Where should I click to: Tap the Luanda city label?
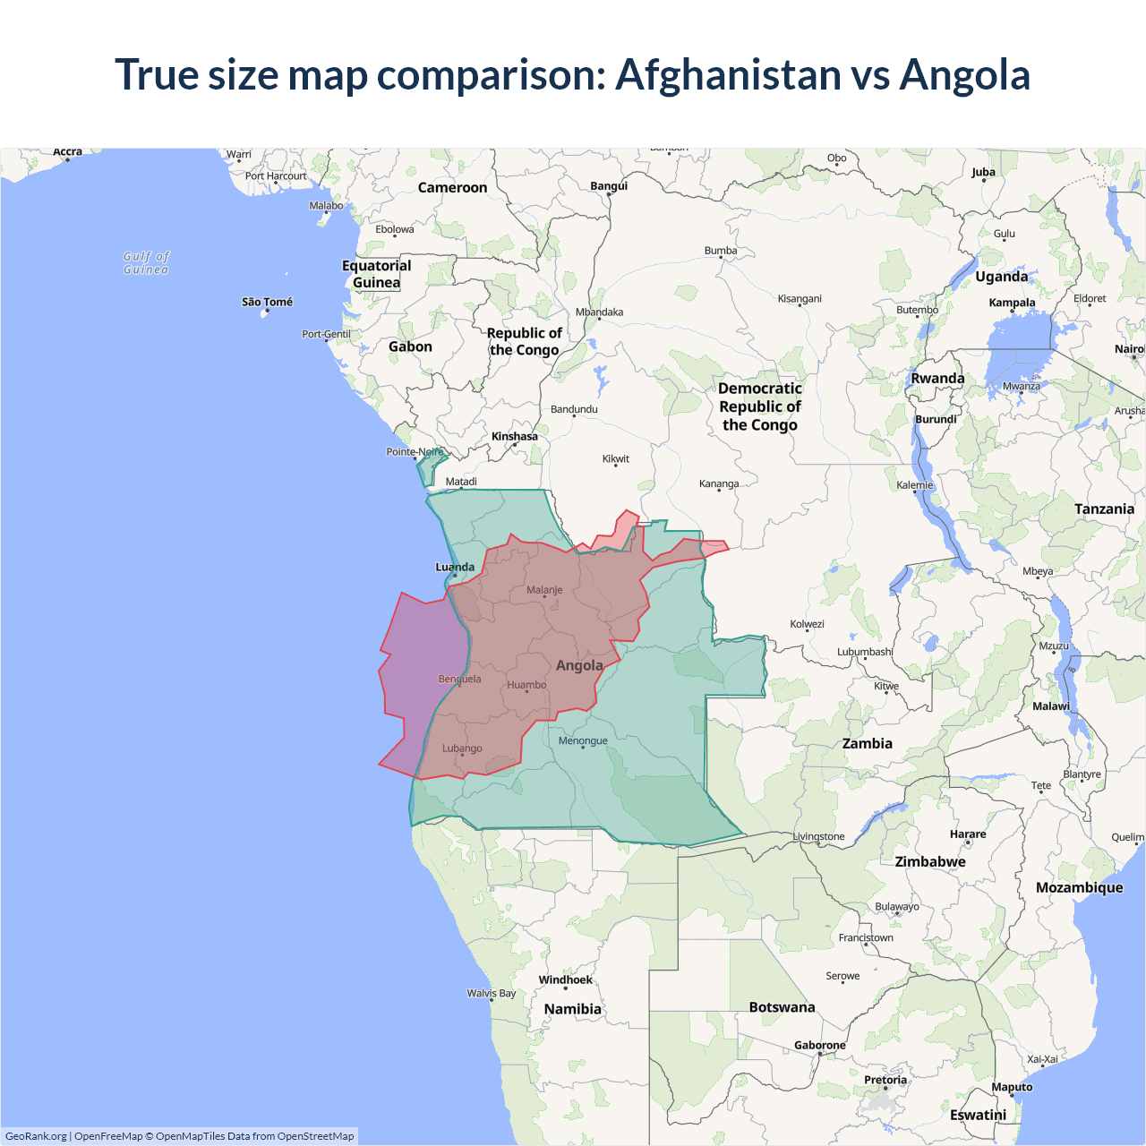click(x=455, y=567)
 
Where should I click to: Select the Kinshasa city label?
click(x=515, y=437)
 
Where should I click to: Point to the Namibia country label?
click(x=573, y=1009)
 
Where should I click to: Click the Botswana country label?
click(x=782, y=1007)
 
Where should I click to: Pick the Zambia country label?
click(x=867, y=743)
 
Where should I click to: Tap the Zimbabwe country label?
click(x=930, y=861)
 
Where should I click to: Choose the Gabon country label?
click(x=410, y=346)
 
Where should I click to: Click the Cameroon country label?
click(x=452, y=188)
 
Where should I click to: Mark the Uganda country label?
click(x=1001, y=277)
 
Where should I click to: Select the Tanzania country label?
click(x=1104, y=509)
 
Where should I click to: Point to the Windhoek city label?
click(x=565, y=979)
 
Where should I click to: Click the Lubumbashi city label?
click(x=865, y=652)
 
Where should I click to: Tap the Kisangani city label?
click(x=800, y=299)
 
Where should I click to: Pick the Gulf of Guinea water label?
click(x=146, y=263)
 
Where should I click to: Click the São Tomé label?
click(x=267, y=302)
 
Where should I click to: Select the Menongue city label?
click(x=583, y=740)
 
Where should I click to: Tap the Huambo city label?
click(x=526, y=685)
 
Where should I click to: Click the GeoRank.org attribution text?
click(x=36, y=1136)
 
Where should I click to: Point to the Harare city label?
click(x=968, y=834)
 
